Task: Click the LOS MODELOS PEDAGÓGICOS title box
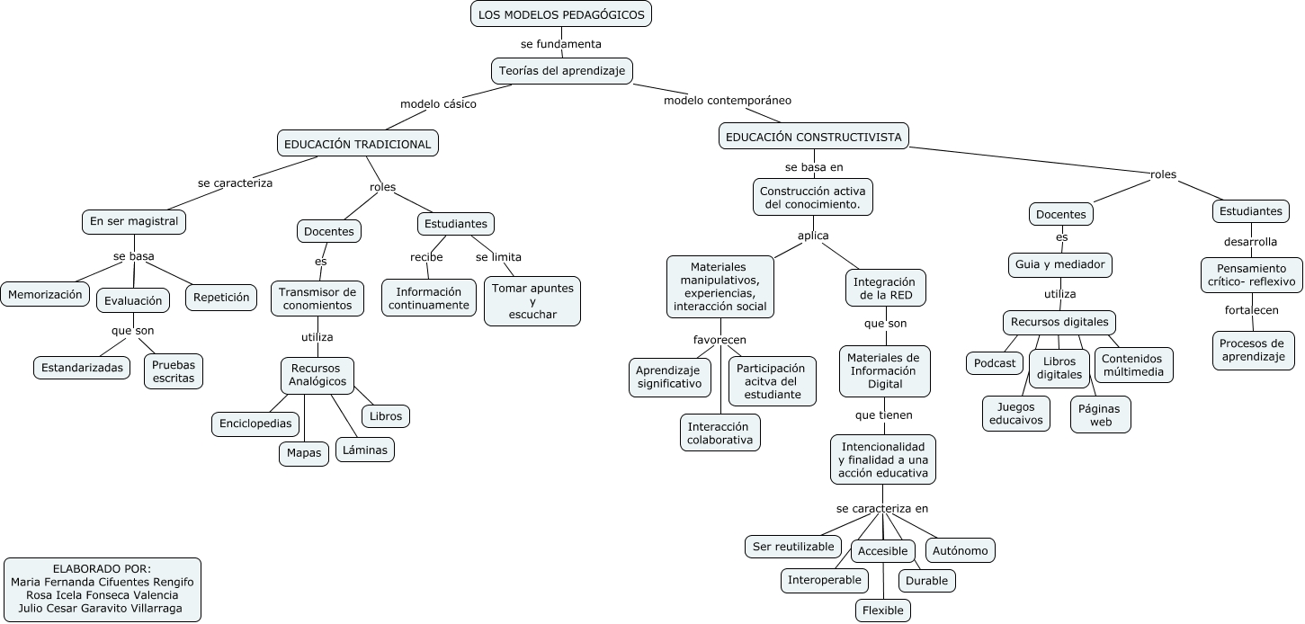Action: (x=561, y=14)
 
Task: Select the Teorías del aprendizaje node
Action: (x=562, y=71)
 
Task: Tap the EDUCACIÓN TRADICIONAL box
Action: (x=358, y=144)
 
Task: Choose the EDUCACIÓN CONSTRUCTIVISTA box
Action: (x=814, y=137)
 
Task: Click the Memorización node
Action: (x=45, y=294)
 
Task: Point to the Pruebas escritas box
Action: (x=174, y=371)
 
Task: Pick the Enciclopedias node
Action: (x=255, y=423)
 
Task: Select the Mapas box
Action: (x=304, y=453)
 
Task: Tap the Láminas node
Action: (x=365, y=450)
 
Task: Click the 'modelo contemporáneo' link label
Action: (x=728, y=101)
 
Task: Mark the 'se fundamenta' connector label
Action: (x=561, y=43)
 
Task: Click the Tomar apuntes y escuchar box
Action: (x=533, y=301)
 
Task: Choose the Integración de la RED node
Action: (x=887, y=288)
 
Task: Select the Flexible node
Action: (x=883, y=611)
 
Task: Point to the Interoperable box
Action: (x=825, y=580)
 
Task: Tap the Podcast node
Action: (x=995, y=363)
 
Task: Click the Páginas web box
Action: (x=1101, y=415)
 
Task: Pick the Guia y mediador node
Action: (x=1060, y=265)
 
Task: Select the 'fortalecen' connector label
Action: (x=1251, y=310)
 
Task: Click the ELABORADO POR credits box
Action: (x=103, y=589)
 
